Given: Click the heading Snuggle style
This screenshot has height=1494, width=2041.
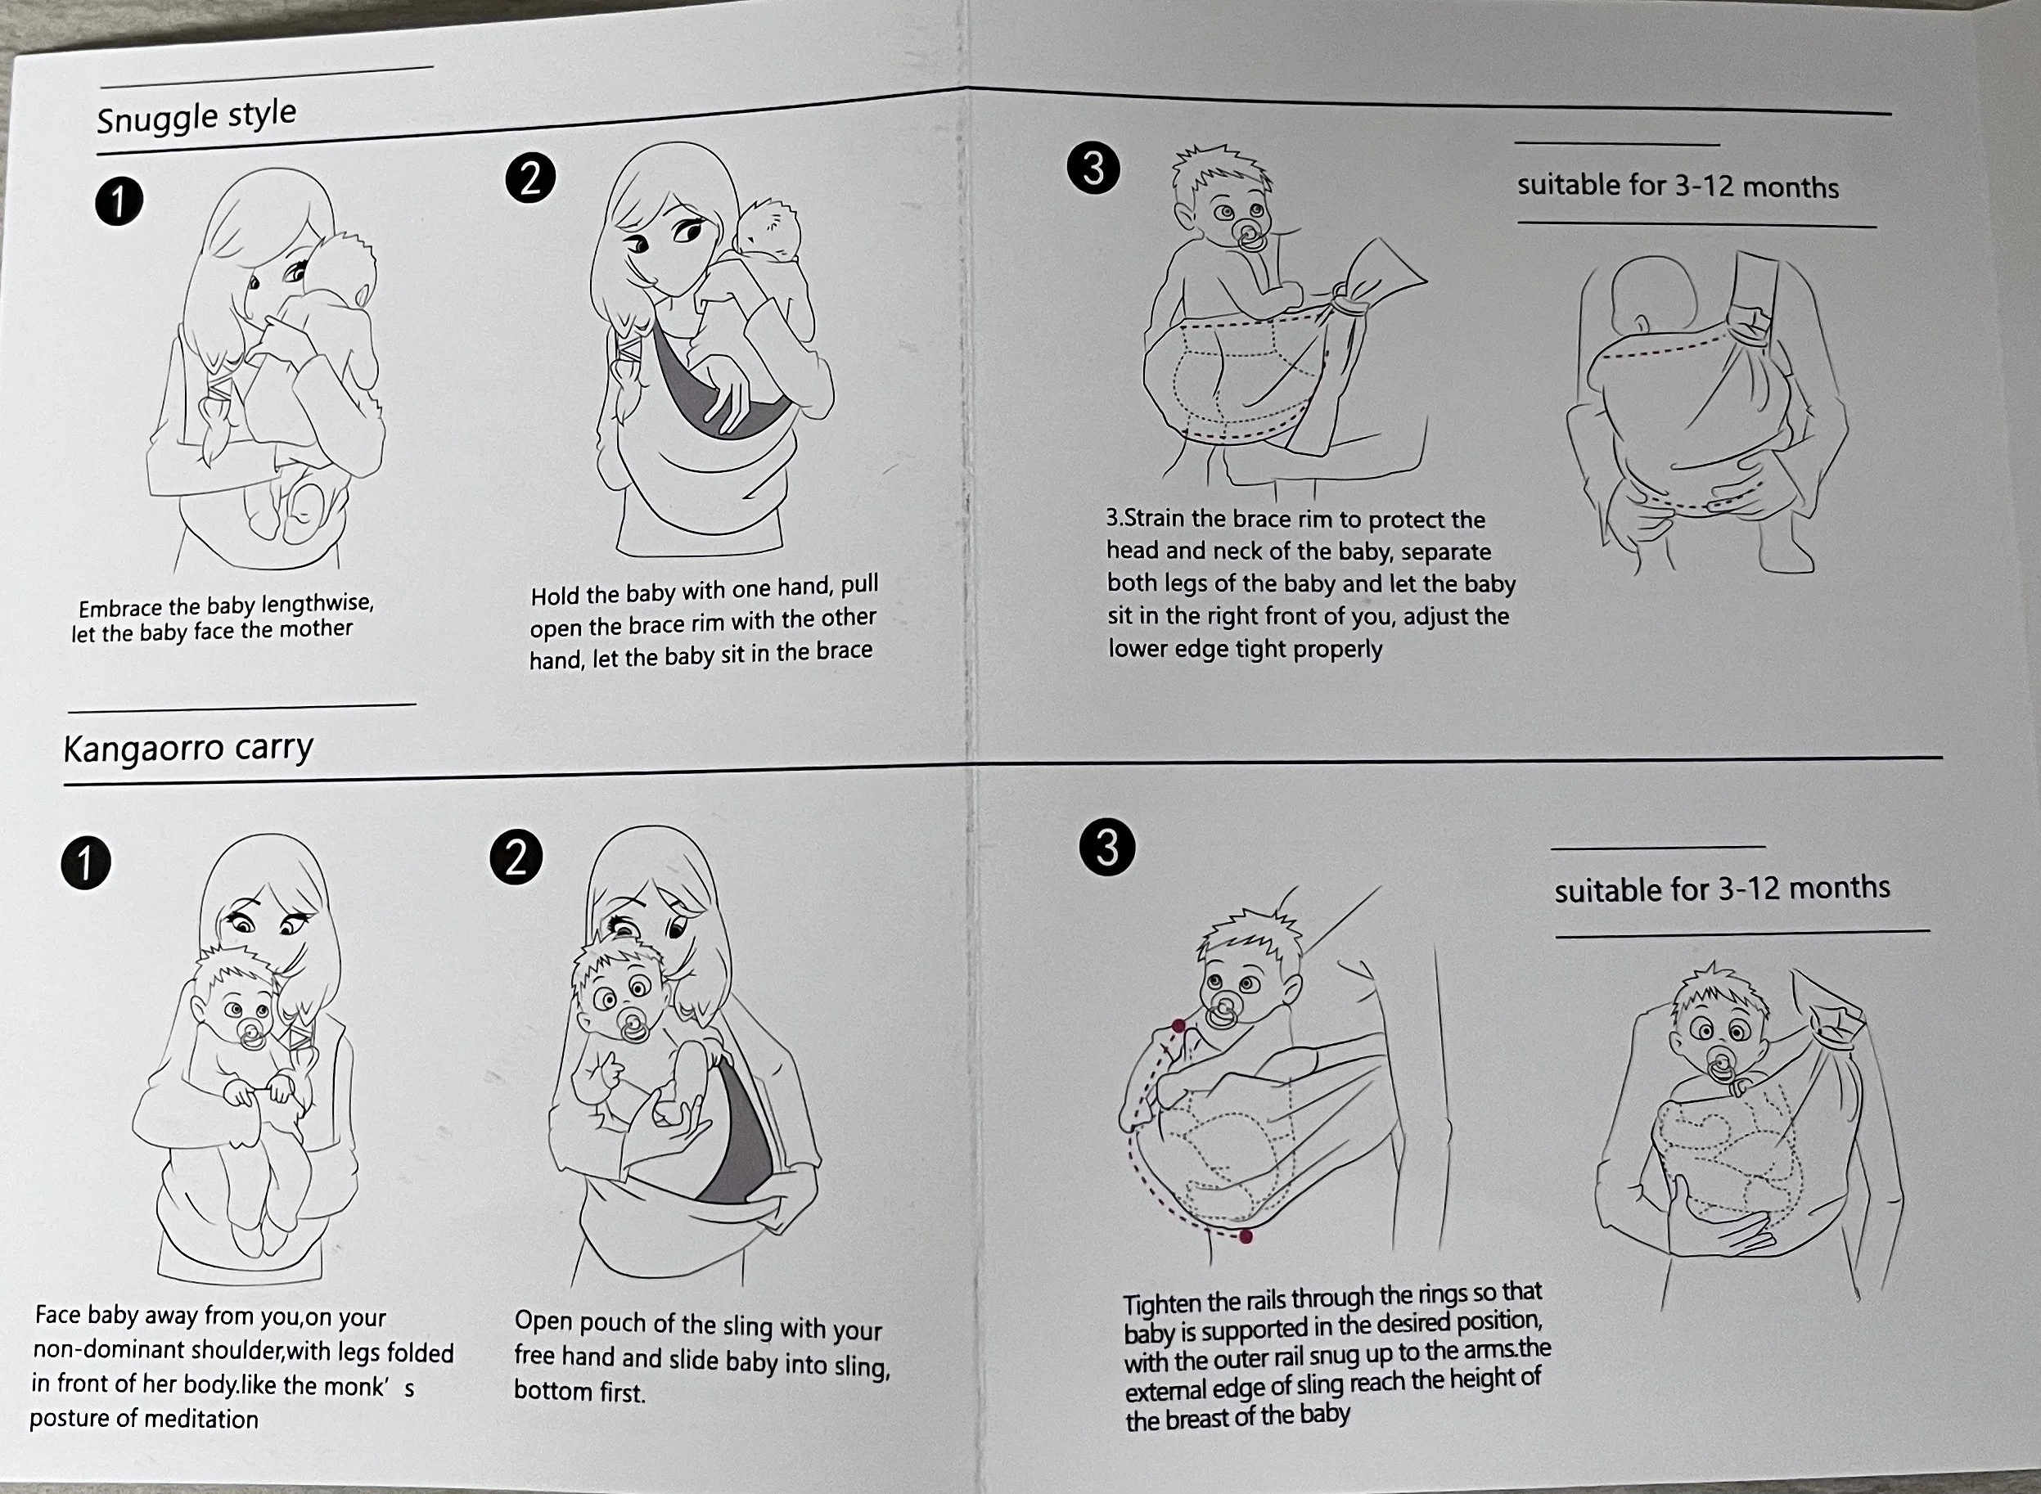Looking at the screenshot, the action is (x=196, y=115).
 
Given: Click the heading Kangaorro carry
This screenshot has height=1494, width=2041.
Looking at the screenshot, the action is (x=188, y=748).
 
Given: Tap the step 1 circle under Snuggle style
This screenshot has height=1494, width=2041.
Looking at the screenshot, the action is (x=119, y=200).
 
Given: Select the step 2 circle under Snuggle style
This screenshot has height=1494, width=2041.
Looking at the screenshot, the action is (x=530, y=178).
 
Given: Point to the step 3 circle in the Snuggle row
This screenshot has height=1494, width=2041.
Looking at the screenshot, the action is (x=1093, y=169).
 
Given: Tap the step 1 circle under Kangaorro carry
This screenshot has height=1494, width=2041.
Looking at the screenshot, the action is (x=86, y=864).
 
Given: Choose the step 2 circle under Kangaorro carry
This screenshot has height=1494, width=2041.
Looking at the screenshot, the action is (x=516, y=857).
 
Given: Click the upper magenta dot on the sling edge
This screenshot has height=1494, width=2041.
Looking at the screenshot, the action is (x=1179, y=1025).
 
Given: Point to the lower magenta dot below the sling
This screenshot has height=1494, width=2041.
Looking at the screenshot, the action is (x=1246, y=1236).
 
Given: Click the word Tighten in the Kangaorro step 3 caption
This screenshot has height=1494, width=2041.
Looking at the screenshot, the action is (x=1163, y=1304).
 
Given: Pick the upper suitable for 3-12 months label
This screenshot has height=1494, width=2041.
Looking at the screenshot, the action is (x=1678, y=186).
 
